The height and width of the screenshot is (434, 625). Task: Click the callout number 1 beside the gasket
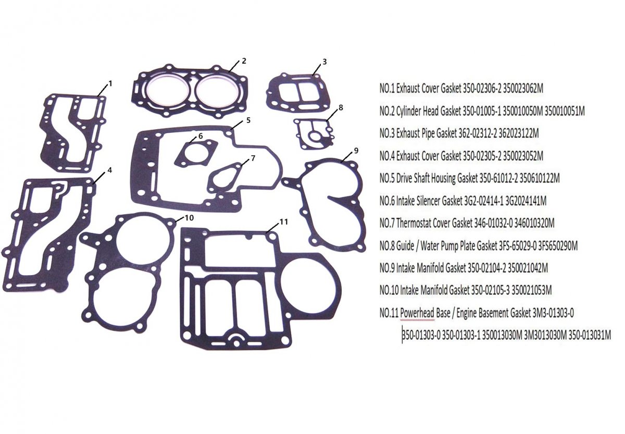tap(110, 83)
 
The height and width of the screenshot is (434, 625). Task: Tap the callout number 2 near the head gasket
tap(244, 61)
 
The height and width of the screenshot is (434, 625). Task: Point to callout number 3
tap(324, 61)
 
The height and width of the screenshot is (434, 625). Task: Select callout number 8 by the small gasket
tap(341, 107)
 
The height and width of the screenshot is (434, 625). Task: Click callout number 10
tap(189, 217)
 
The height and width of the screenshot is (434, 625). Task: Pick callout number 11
tap(283, 222)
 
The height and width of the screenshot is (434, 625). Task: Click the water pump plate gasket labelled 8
tap(314, 134)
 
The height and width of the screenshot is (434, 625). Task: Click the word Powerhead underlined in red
tap(417, 313)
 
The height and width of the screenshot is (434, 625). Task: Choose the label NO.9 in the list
tap(386, 268)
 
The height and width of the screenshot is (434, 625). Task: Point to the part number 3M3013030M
tap(545, 335)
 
